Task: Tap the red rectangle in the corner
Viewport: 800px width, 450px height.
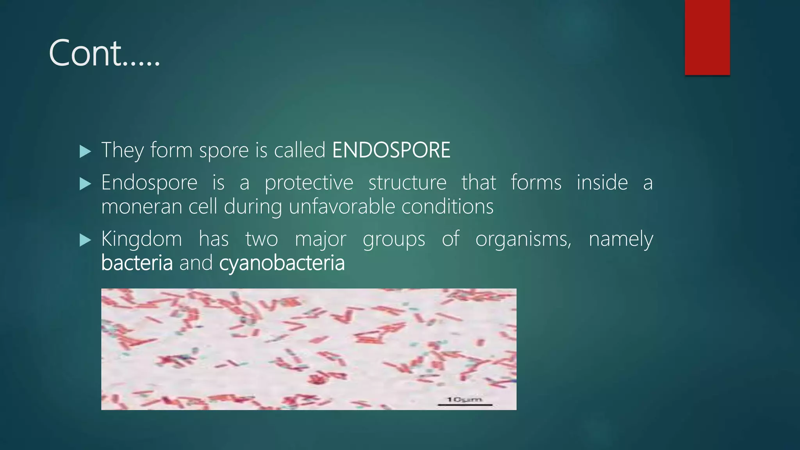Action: (x=707, y=37)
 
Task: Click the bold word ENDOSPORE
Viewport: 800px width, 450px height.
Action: (x=391, y=150)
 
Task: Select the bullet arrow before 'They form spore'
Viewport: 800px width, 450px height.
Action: (x=85, y=152)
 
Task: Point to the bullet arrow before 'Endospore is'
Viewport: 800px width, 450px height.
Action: (x=85, y=184)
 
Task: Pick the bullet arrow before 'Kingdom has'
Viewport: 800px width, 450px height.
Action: (x=85, y=240)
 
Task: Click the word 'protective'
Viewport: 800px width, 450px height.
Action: (x=309, y=183)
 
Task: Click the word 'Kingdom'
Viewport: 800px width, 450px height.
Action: (x=141, y=239)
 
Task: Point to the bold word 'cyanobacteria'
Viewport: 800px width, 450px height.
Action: (x=282, y=263)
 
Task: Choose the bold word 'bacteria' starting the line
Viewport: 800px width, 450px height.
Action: (x=137, y=263)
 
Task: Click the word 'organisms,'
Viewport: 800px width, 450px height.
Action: (x=523, y=239)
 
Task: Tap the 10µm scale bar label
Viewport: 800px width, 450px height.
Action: (x=464, y=399)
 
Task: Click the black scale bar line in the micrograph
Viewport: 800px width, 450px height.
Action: (x=465, y=405)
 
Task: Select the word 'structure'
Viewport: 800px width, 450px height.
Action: (x=407, y=183)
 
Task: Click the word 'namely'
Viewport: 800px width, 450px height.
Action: (x=620, y=239)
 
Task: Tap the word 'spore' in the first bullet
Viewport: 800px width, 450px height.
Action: (x=223, y=151)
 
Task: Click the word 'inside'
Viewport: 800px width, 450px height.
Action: (x=602, y=183)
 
